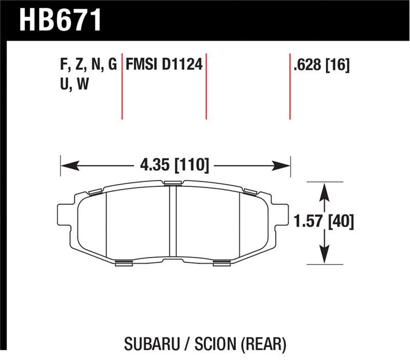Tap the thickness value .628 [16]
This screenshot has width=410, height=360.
coord(321,65)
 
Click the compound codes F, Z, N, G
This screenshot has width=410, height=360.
coord(88,65)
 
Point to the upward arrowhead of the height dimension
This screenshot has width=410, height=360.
coord(323,191)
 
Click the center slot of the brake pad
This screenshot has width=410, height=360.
coord(173,223)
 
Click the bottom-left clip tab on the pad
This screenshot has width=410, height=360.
coord(125,263)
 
